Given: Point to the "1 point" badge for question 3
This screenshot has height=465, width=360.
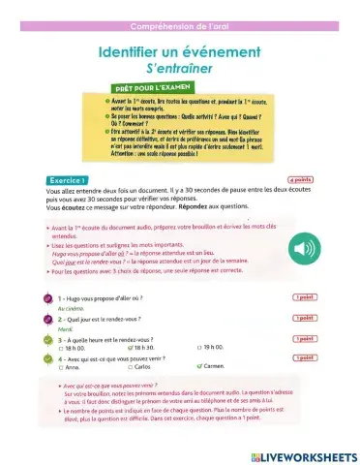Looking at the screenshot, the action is [x=305, y=340].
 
